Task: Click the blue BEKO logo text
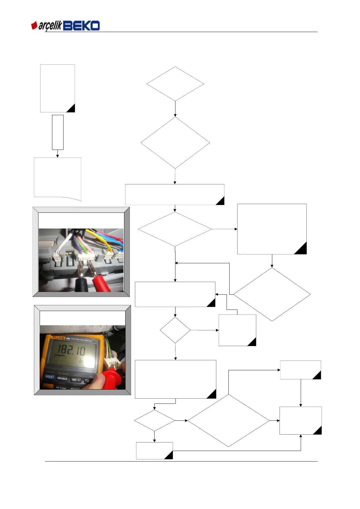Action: click(x=81, y=26)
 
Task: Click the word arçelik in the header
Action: click(x=50, y=26)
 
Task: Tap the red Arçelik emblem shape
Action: click(x=34, y=25)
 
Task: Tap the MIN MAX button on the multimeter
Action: click(x=62, y=378)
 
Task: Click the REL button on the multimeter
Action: click(x=76, y=380)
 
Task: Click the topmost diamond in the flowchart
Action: click(x=175, y=84)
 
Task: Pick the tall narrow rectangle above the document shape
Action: click(x=57, y=132)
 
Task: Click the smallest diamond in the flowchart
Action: click(x=175, y=330)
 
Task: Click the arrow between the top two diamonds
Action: click(x=175, y=109)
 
